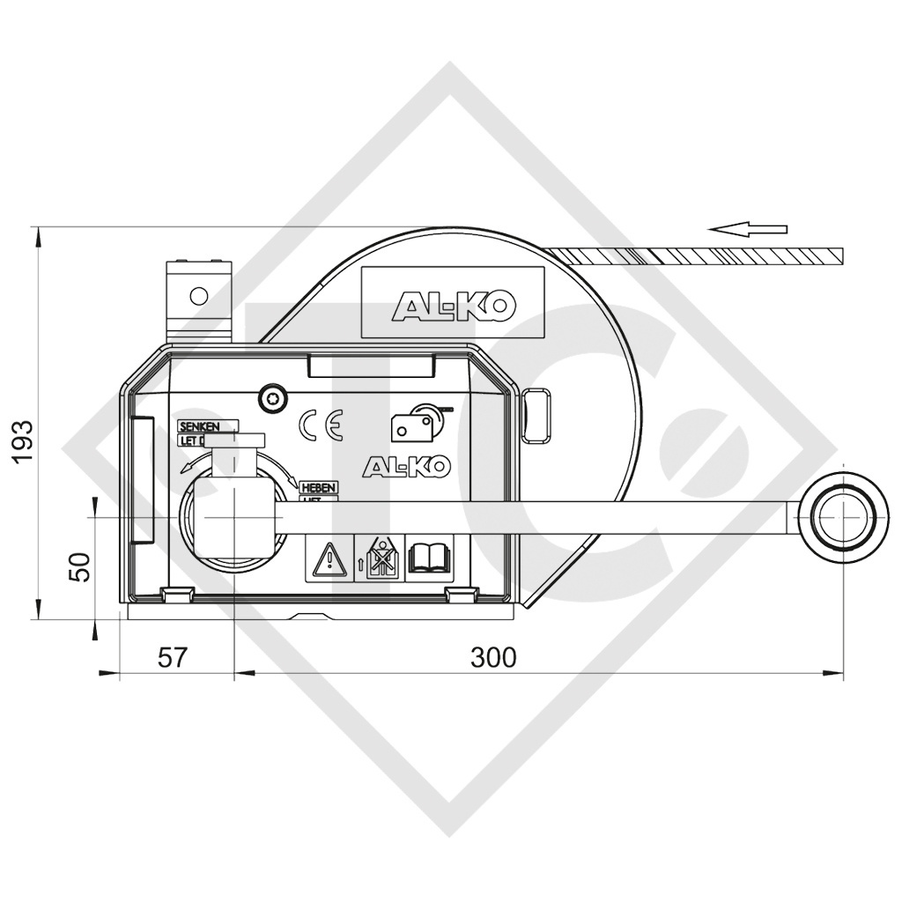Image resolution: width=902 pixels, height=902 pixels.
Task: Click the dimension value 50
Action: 79,566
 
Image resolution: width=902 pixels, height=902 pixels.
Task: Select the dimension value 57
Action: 173,657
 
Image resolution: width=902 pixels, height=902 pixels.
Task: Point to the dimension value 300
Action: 493,657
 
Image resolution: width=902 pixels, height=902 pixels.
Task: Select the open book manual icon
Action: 429,558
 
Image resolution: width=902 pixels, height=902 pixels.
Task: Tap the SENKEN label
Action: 208,426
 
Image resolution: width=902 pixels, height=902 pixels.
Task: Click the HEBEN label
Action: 318,487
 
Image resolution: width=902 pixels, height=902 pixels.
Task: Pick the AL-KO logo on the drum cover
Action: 453,305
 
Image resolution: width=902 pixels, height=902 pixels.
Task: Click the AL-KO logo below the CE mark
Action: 406,466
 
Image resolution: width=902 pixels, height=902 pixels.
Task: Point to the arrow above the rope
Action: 748,230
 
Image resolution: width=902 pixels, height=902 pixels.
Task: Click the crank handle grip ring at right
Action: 843,518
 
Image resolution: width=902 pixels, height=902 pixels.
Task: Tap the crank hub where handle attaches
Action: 233,520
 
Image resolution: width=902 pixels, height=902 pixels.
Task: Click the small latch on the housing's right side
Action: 537,416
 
